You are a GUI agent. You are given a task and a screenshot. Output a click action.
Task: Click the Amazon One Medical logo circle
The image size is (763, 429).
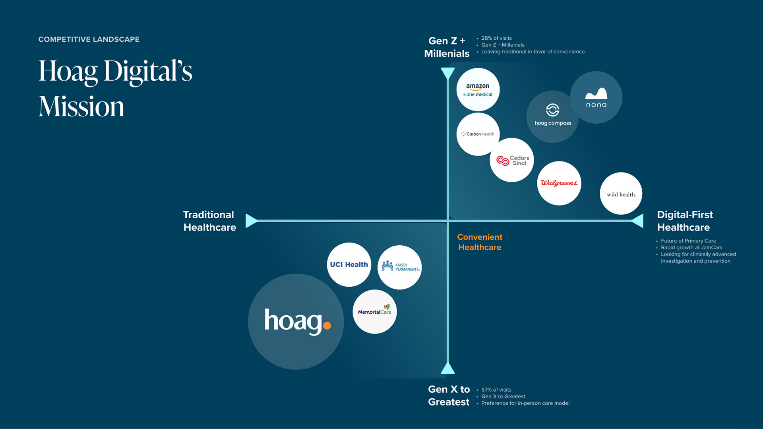click(478, 89)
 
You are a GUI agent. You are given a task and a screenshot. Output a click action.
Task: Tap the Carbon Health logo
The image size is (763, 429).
click(478, 134)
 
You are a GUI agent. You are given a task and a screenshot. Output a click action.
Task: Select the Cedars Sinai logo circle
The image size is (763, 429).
click(512, 160)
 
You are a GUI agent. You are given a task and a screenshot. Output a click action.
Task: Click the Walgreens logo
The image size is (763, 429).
click(559, 183)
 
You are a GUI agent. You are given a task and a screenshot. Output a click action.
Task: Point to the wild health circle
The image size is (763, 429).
click(621, 194)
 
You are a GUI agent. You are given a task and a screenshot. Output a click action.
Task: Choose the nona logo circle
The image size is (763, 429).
click(596, 97)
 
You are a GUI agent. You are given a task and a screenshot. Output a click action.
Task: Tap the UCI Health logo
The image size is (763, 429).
click(349, 265)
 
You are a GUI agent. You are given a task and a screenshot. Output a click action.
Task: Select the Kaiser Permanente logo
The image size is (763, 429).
click(399, 267)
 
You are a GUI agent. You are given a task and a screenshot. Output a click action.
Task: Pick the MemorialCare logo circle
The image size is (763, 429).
click(374, 312)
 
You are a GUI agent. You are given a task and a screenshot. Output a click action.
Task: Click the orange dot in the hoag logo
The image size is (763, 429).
click(327, 326)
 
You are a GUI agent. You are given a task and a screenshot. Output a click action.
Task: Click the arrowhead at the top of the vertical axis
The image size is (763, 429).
click(448, 73)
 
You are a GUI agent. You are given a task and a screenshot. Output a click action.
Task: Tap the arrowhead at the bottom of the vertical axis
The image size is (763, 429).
click(448, 369)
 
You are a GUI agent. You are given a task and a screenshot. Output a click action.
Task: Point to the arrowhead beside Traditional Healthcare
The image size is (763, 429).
click(251, 221)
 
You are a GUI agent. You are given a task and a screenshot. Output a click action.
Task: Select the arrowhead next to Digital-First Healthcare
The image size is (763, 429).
click(638, 221)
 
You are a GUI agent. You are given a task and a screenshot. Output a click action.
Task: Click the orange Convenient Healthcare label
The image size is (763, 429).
click(480, 242)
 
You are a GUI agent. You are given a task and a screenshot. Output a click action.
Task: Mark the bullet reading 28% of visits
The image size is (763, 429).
click(496, 38)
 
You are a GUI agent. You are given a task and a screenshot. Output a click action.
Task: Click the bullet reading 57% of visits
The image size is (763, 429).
click(496, 390)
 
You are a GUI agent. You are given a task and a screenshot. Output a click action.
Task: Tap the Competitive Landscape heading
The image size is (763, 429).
click(89, 39)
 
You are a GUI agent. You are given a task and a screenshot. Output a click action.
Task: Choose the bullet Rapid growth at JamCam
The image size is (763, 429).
click(691, 247)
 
